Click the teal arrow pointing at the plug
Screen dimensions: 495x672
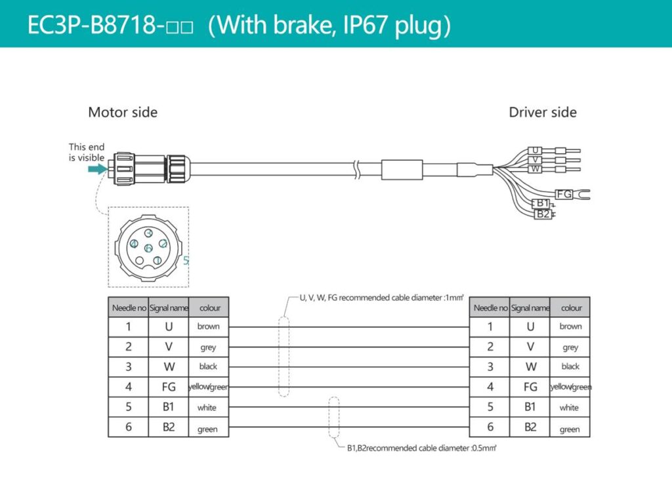pos(96,169)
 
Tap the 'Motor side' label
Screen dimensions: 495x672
pos(123,112)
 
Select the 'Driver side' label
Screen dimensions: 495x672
pos(542,112)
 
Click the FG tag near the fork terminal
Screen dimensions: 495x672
pos(564,194)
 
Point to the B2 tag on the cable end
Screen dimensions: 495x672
pos(542,214)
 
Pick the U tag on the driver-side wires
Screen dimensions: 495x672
pos(536,150)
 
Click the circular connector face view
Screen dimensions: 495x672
pos(148,248)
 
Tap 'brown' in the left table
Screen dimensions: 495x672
pos(208,327)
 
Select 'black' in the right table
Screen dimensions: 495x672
pos(570,366)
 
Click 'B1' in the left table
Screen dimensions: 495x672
pos(169,407)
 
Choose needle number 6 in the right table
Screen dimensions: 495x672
pos(490,427)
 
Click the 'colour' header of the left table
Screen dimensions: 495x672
pos(209,307)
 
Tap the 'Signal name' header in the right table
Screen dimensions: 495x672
pos(530,307)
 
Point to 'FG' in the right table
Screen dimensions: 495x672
pos(530,387)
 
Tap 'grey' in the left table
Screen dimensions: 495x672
pos(208,347)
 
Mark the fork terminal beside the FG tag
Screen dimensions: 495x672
pos(583,194)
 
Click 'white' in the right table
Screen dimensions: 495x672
pos(570,408)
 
